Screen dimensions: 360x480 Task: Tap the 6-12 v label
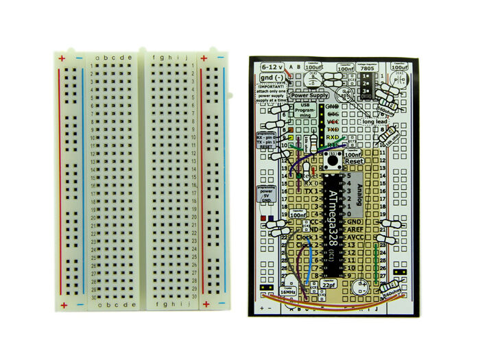point(274,67)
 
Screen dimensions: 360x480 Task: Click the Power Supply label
point(309,96)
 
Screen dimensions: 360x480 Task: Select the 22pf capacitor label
point(330,285)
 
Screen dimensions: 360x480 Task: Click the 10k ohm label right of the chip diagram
point(392,135)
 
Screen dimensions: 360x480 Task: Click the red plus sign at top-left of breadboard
point(62,59)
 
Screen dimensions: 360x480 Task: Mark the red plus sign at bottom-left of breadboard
point(63,304)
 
